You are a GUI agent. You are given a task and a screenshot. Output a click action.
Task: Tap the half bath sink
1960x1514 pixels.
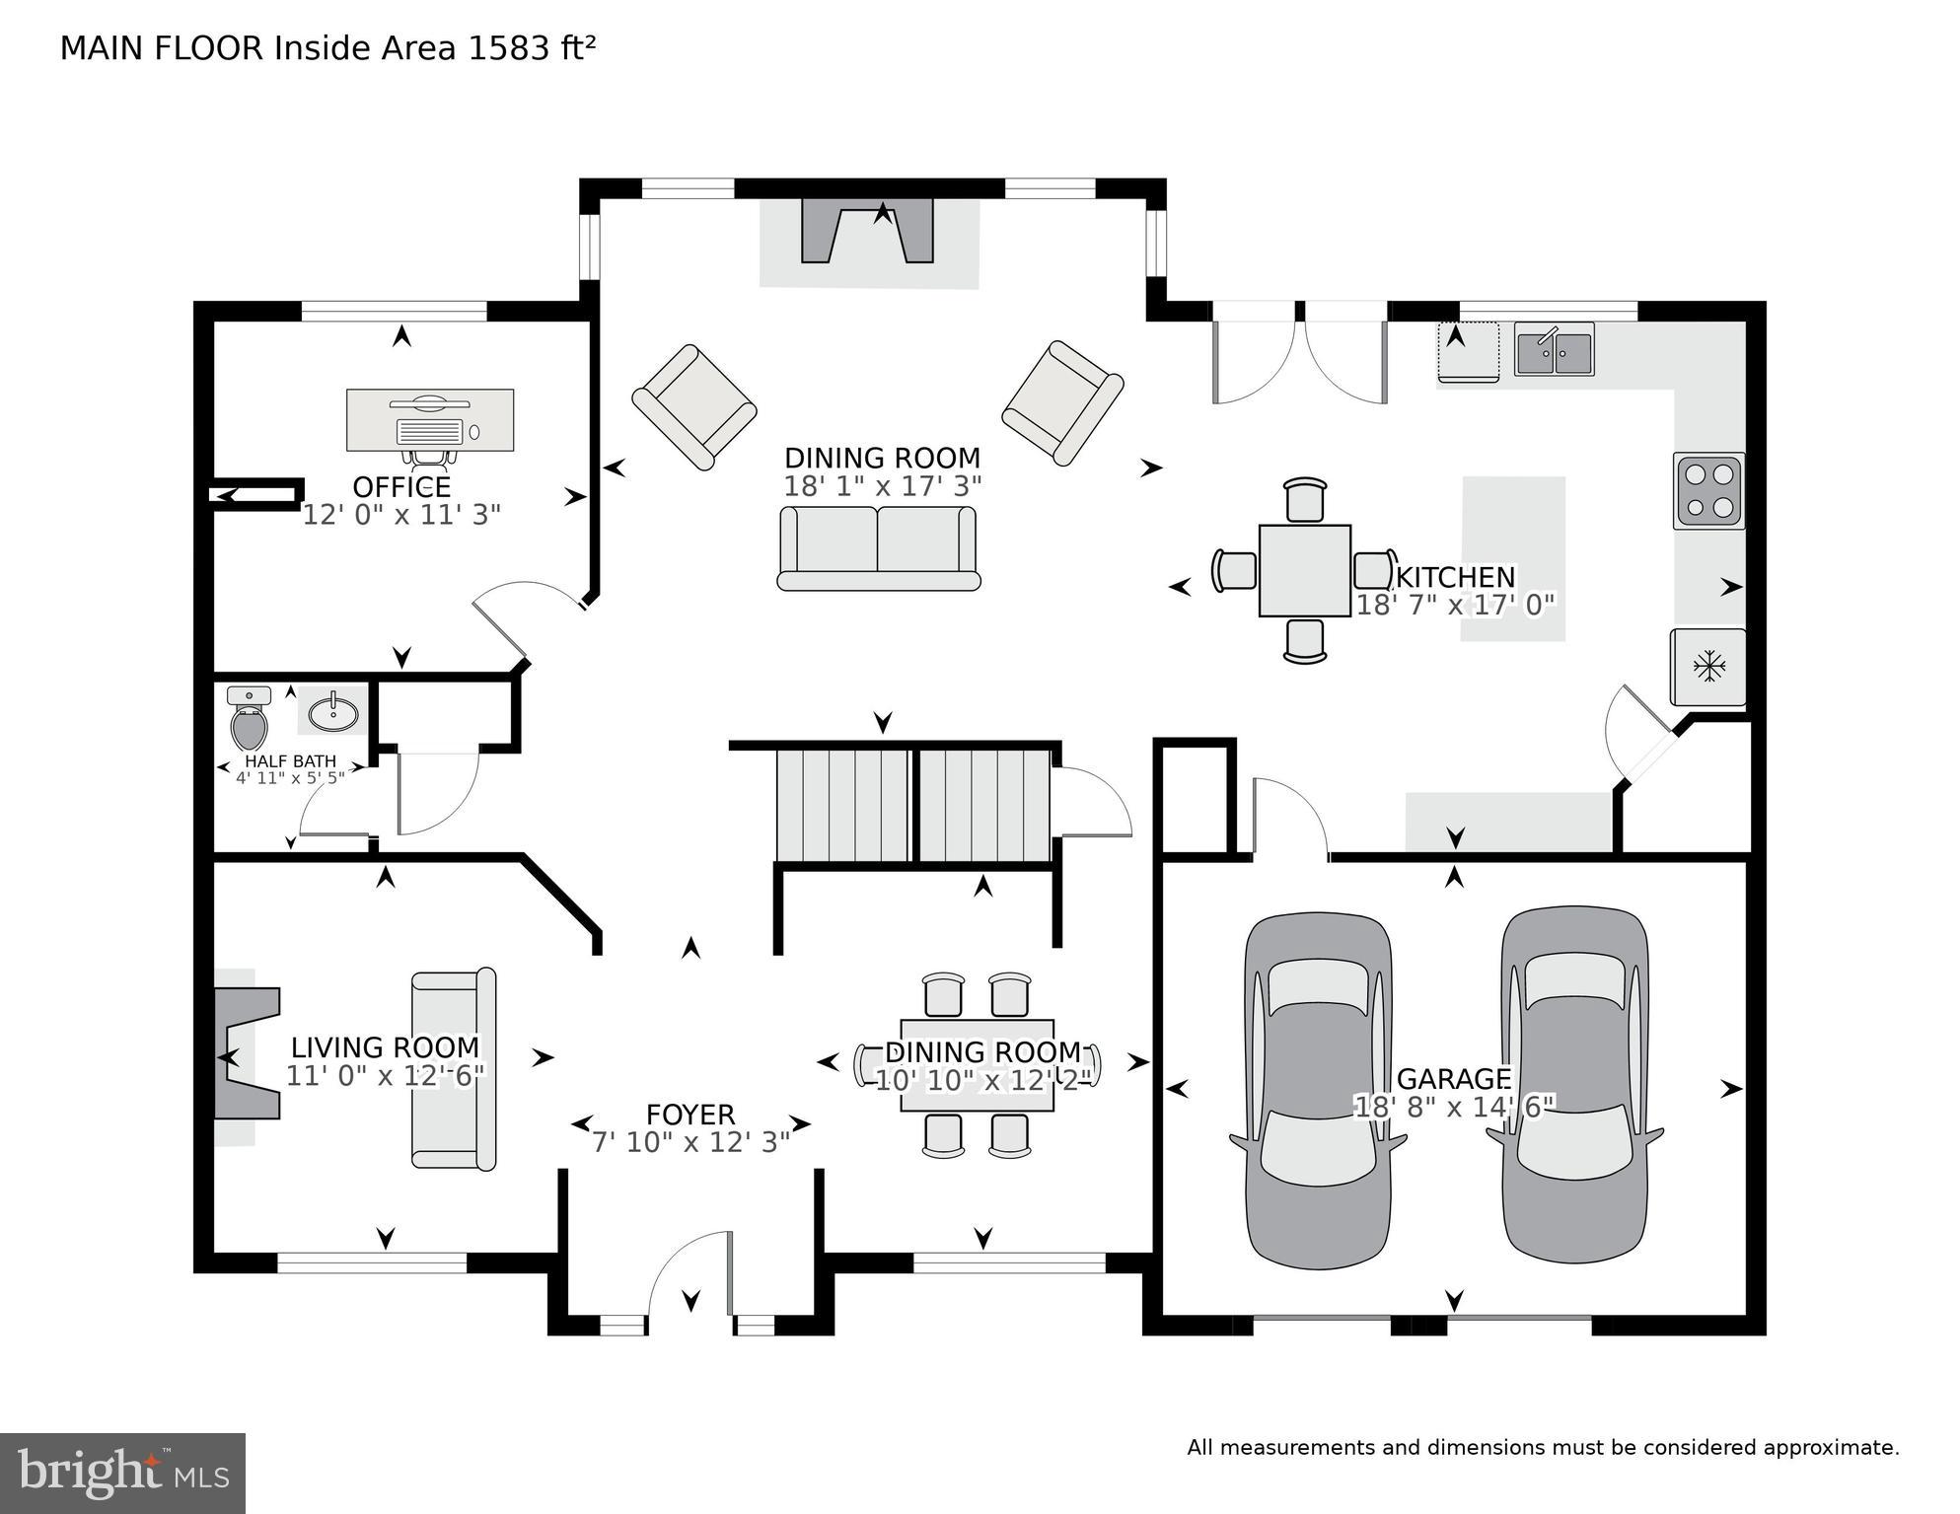[333, 712]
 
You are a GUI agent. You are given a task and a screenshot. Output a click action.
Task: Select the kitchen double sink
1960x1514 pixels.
[1554, 351]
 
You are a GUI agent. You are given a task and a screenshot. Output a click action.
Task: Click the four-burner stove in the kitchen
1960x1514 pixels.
[1708, 490]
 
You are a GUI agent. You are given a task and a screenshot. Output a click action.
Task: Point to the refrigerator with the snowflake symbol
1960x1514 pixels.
[1707, 668]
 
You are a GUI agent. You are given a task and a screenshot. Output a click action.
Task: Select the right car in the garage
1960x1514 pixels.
[1574, 1086]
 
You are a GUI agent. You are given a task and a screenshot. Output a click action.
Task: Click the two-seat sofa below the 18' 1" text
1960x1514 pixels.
[878, 548]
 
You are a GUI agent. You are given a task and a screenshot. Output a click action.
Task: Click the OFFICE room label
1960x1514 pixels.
[401, 487]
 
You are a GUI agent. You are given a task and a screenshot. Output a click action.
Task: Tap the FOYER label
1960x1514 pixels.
[690, 1115]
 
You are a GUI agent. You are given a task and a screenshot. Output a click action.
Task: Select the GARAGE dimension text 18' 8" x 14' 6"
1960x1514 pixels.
[1454, 1107]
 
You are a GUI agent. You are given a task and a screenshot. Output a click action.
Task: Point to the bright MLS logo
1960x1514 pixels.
[122, 1473]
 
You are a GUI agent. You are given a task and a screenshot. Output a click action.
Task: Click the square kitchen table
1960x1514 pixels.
[1304, 571]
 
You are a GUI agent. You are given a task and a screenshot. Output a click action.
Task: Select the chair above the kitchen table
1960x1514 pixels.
[1305, 500]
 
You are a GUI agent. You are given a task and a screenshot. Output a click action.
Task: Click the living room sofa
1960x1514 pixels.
[454, 1070]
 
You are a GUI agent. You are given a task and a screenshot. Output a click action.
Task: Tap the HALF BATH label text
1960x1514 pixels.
[290, 761]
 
